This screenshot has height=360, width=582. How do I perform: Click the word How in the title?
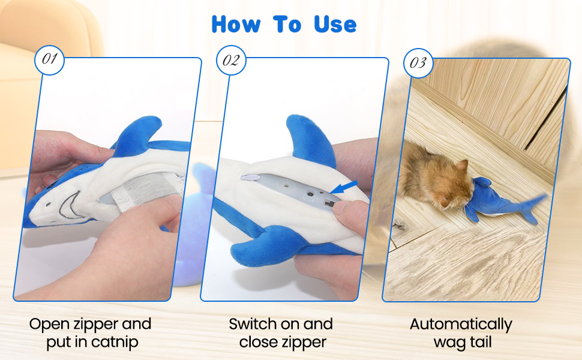pyautogui.click(x=236, y=25)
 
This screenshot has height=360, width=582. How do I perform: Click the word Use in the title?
pyautogui.click(x=335, y=25)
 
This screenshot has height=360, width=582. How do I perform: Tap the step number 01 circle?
pyautogui.click(x=49, y=60)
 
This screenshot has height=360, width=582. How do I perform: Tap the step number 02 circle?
pyautogui.click(x=231, y=60)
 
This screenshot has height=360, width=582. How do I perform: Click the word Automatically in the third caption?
pyautogui.click(x=461, y=325)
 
